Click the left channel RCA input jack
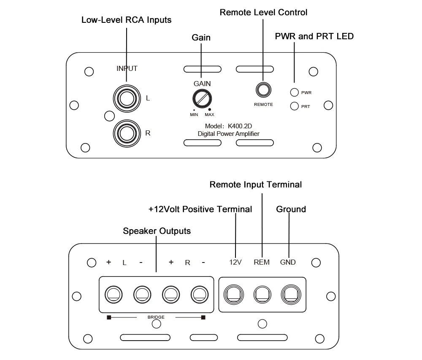click(126, 99)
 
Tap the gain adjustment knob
click(201, 99)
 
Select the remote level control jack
click(263, 90)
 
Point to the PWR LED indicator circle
click(295, 92)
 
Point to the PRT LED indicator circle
click(295, 106)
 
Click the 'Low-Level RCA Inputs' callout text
click(126, 20)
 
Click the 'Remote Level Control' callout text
click(263, 13)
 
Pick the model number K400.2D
click(242, 126)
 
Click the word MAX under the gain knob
click(209, 115)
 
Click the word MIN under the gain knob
click(194, 115)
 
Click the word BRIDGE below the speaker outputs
click(156, 317)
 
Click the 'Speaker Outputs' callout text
click(157, 231)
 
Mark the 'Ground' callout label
click(291, 209)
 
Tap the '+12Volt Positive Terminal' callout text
click(200, 209)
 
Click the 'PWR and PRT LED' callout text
click(314, 36)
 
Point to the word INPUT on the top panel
click(127, 68)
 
